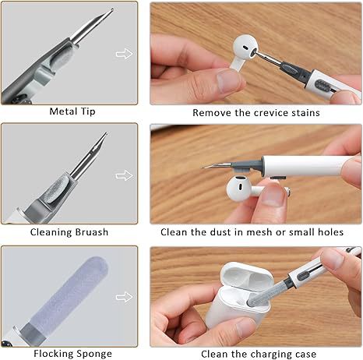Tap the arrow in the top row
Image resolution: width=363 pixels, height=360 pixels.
123,53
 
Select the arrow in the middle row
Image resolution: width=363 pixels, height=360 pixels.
123,175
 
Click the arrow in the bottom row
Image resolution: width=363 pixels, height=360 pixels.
123,297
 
